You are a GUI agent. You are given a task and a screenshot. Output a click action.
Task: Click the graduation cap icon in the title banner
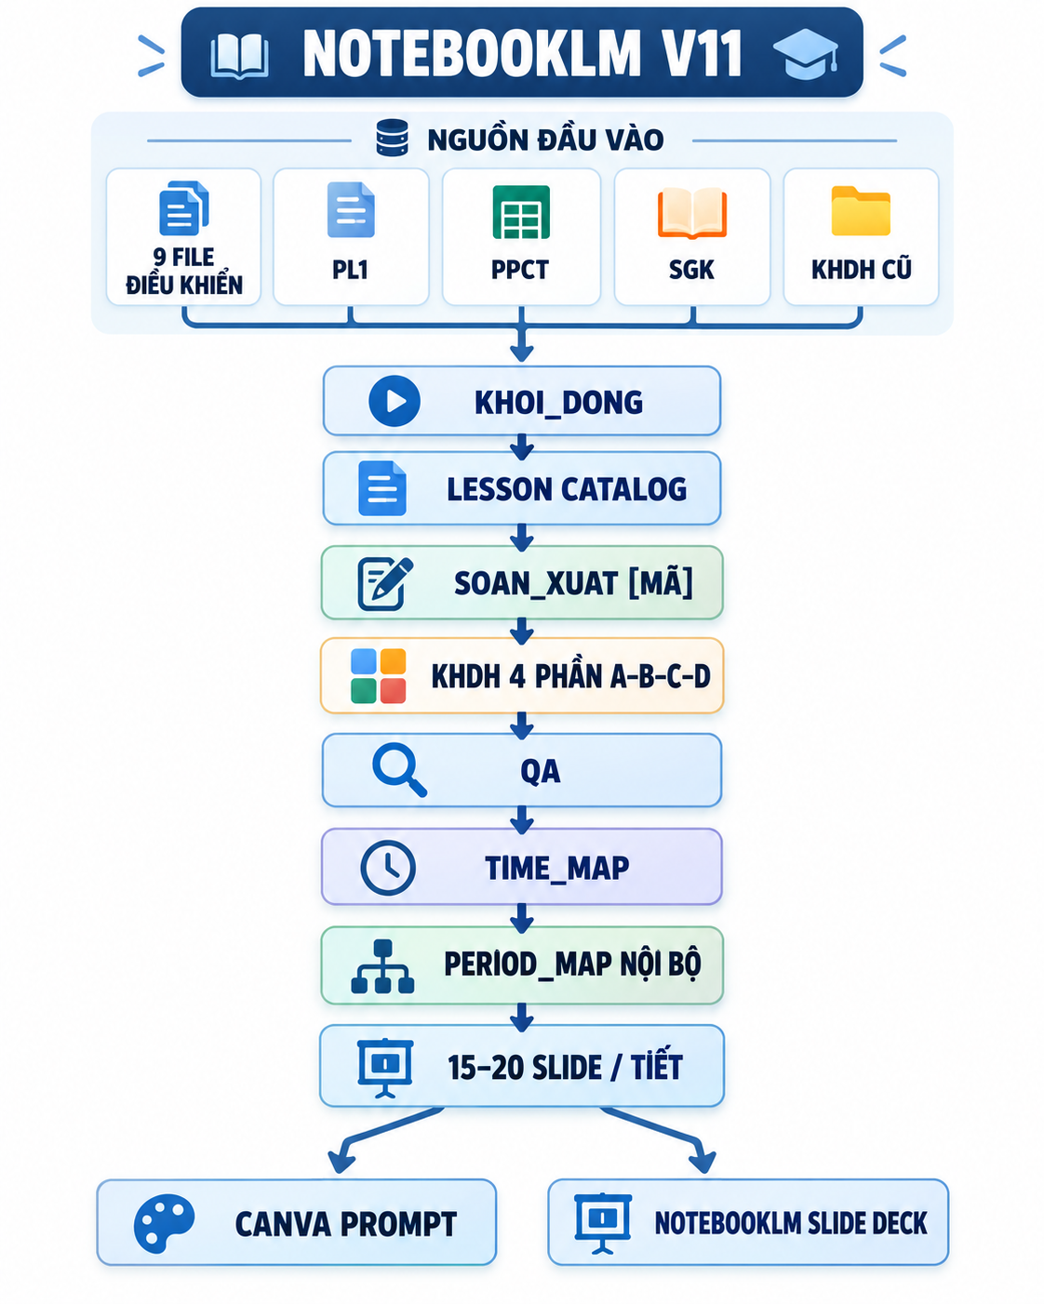tap(806, 54)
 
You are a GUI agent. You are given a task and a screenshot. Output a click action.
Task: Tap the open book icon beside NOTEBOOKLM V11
tap(239, 57)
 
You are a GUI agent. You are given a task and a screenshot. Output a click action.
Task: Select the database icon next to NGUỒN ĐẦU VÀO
tap(392, 139)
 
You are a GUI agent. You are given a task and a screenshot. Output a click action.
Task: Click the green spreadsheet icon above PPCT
tap(521, 212)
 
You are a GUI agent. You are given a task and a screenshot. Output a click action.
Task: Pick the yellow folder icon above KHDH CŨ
tap(861, 211)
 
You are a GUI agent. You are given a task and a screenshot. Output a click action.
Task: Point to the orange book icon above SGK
tap(691, 213)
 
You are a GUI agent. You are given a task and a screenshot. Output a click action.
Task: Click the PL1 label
tap(351, 270)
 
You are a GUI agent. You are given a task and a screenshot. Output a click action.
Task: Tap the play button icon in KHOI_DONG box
tap(395, 401)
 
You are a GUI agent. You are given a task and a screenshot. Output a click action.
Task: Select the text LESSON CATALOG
tap(567, 489)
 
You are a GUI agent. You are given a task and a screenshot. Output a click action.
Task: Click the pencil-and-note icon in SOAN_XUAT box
tap(385, 583)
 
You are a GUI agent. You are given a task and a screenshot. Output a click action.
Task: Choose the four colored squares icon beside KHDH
tap(379, 676)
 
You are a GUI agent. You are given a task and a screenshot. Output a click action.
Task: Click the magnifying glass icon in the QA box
tap(399, 769)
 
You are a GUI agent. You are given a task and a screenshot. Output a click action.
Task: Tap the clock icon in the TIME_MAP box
tap(388, 868)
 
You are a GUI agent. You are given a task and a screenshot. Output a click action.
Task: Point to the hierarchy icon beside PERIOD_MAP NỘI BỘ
tap(382, 966)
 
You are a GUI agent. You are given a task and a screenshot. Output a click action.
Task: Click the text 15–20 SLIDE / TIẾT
tap(565, 1067)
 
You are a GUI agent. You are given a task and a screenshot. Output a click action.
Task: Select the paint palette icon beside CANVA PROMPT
tap(164, 1223)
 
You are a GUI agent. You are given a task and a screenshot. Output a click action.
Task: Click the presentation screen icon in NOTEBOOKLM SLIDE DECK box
tap(603, 1223)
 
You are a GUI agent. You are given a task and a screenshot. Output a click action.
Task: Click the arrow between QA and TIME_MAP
tap(521, 819)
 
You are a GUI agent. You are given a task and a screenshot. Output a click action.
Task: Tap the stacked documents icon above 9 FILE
tap(183, 207)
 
